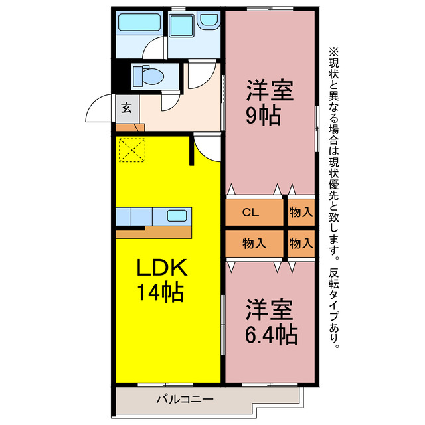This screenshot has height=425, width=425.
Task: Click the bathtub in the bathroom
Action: [x=137, y=25]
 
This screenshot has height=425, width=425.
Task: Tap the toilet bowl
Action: [x=150, y=76]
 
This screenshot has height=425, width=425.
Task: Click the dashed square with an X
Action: [x=131, y=149]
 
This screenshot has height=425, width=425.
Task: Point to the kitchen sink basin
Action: [x=177, y=215]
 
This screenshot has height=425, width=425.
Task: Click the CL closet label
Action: [x=250, y=213]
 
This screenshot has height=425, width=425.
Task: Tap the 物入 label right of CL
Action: [x=301, y=213]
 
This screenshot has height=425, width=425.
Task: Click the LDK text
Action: [x=163, y=268]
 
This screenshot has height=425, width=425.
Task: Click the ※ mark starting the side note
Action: [x=333, y=50]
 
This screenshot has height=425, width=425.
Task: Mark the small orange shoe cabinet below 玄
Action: [x=127, y=126]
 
